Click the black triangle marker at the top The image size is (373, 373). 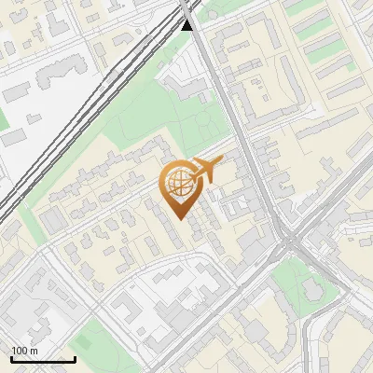pos(187,24)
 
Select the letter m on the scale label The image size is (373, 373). pos(34,351)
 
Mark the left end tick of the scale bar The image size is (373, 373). pos(11,359)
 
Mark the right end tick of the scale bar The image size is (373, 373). pos(76,359)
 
